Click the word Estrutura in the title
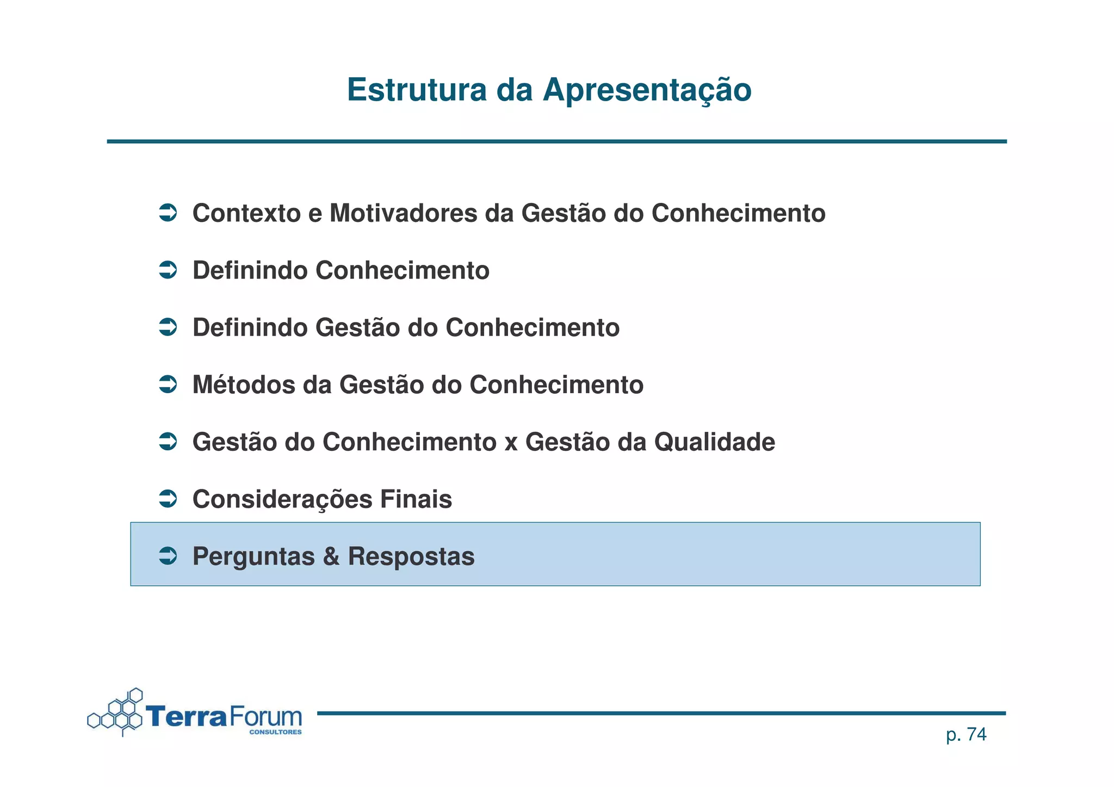(417, 90)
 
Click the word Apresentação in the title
(647, 91)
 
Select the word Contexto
(246, 213)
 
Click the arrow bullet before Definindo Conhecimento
(168, 270)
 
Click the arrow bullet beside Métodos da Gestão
(168, 385)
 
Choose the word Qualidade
(714, 442)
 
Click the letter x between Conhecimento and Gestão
(511, 443)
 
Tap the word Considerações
(282, 499)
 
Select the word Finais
(416, 499)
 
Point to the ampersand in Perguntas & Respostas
(331, 556)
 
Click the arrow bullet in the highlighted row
(168, 556)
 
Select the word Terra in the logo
(185, 716)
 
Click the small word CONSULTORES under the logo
(275, 732)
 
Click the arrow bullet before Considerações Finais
(168, 499)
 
